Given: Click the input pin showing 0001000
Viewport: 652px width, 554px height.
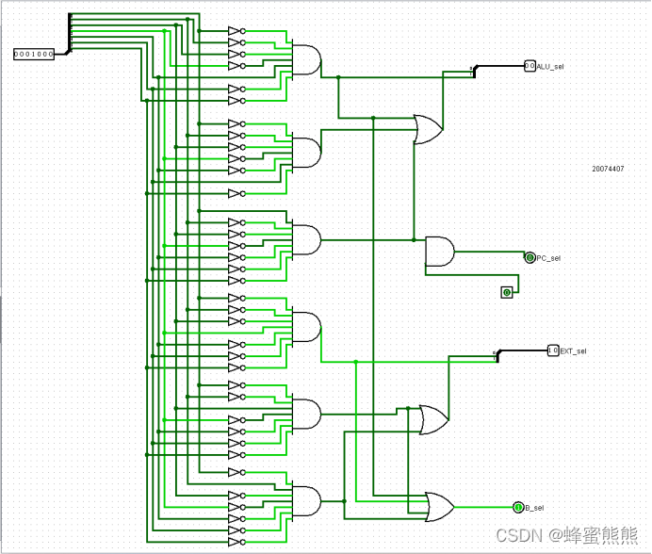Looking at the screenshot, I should (34, 55).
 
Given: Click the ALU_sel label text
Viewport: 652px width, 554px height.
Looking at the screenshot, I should (550, 66).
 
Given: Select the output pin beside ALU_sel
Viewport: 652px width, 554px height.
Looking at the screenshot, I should (530, 66).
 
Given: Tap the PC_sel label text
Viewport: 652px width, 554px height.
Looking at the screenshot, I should (548, 257).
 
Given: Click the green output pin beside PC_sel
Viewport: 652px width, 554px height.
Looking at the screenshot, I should (530, 257).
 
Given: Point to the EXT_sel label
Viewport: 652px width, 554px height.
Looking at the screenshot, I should (573, 350).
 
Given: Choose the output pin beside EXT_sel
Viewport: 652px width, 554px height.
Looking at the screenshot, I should (552, 350).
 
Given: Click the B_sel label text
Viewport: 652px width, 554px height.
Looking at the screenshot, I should (534, 508).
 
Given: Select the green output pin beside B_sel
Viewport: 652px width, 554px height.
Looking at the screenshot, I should (518, 508).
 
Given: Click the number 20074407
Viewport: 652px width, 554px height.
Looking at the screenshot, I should (608, 169).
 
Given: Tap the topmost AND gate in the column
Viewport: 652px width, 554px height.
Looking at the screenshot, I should (306, 60).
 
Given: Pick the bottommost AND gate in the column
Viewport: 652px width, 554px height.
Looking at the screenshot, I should (306, 500).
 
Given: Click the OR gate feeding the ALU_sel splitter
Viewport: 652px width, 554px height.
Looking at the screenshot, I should (429, 129).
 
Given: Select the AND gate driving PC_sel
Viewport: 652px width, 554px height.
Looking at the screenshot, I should (439, 252).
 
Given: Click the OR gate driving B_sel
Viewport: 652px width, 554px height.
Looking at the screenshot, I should (439, 507).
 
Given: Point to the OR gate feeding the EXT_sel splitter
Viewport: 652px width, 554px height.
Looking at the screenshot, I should (433, 419).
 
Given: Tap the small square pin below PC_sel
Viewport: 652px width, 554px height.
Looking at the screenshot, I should (507, 293).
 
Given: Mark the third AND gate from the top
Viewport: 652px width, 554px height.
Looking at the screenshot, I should (306, 239).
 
